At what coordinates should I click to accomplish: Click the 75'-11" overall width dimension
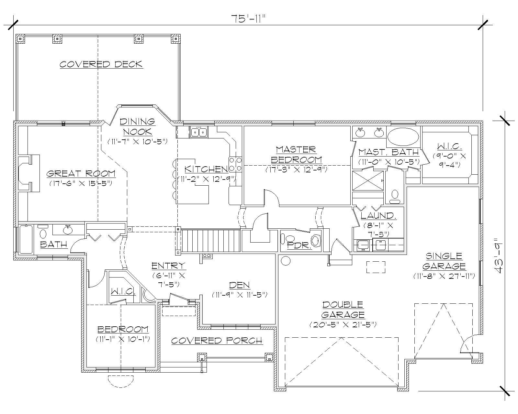pos(248,19)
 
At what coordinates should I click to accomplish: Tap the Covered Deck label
pos(101,64)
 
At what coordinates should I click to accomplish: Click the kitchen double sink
pos(199,132)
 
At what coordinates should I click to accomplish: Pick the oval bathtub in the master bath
pos(403,137)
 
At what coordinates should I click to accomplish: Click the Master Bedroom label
pos(296,155)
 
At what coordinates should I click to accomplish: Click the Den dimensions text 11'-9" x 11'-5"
pos(240,295)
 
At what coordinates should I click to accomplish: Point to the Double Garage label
pos(343,310)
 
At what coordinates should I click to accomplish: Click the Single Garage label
pos(444,261)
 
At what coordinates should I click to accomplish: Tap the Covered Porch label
pos(216,341)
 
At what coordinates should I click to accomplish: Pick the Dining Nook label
pos(137,126)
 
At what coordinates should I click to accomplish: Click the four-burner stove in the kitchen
pos(235,164)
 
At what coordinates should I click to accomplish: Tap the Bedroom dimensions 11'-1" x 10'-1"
pos(123,339)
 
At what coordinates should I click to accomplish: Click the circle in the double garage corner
pos(286,261)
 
